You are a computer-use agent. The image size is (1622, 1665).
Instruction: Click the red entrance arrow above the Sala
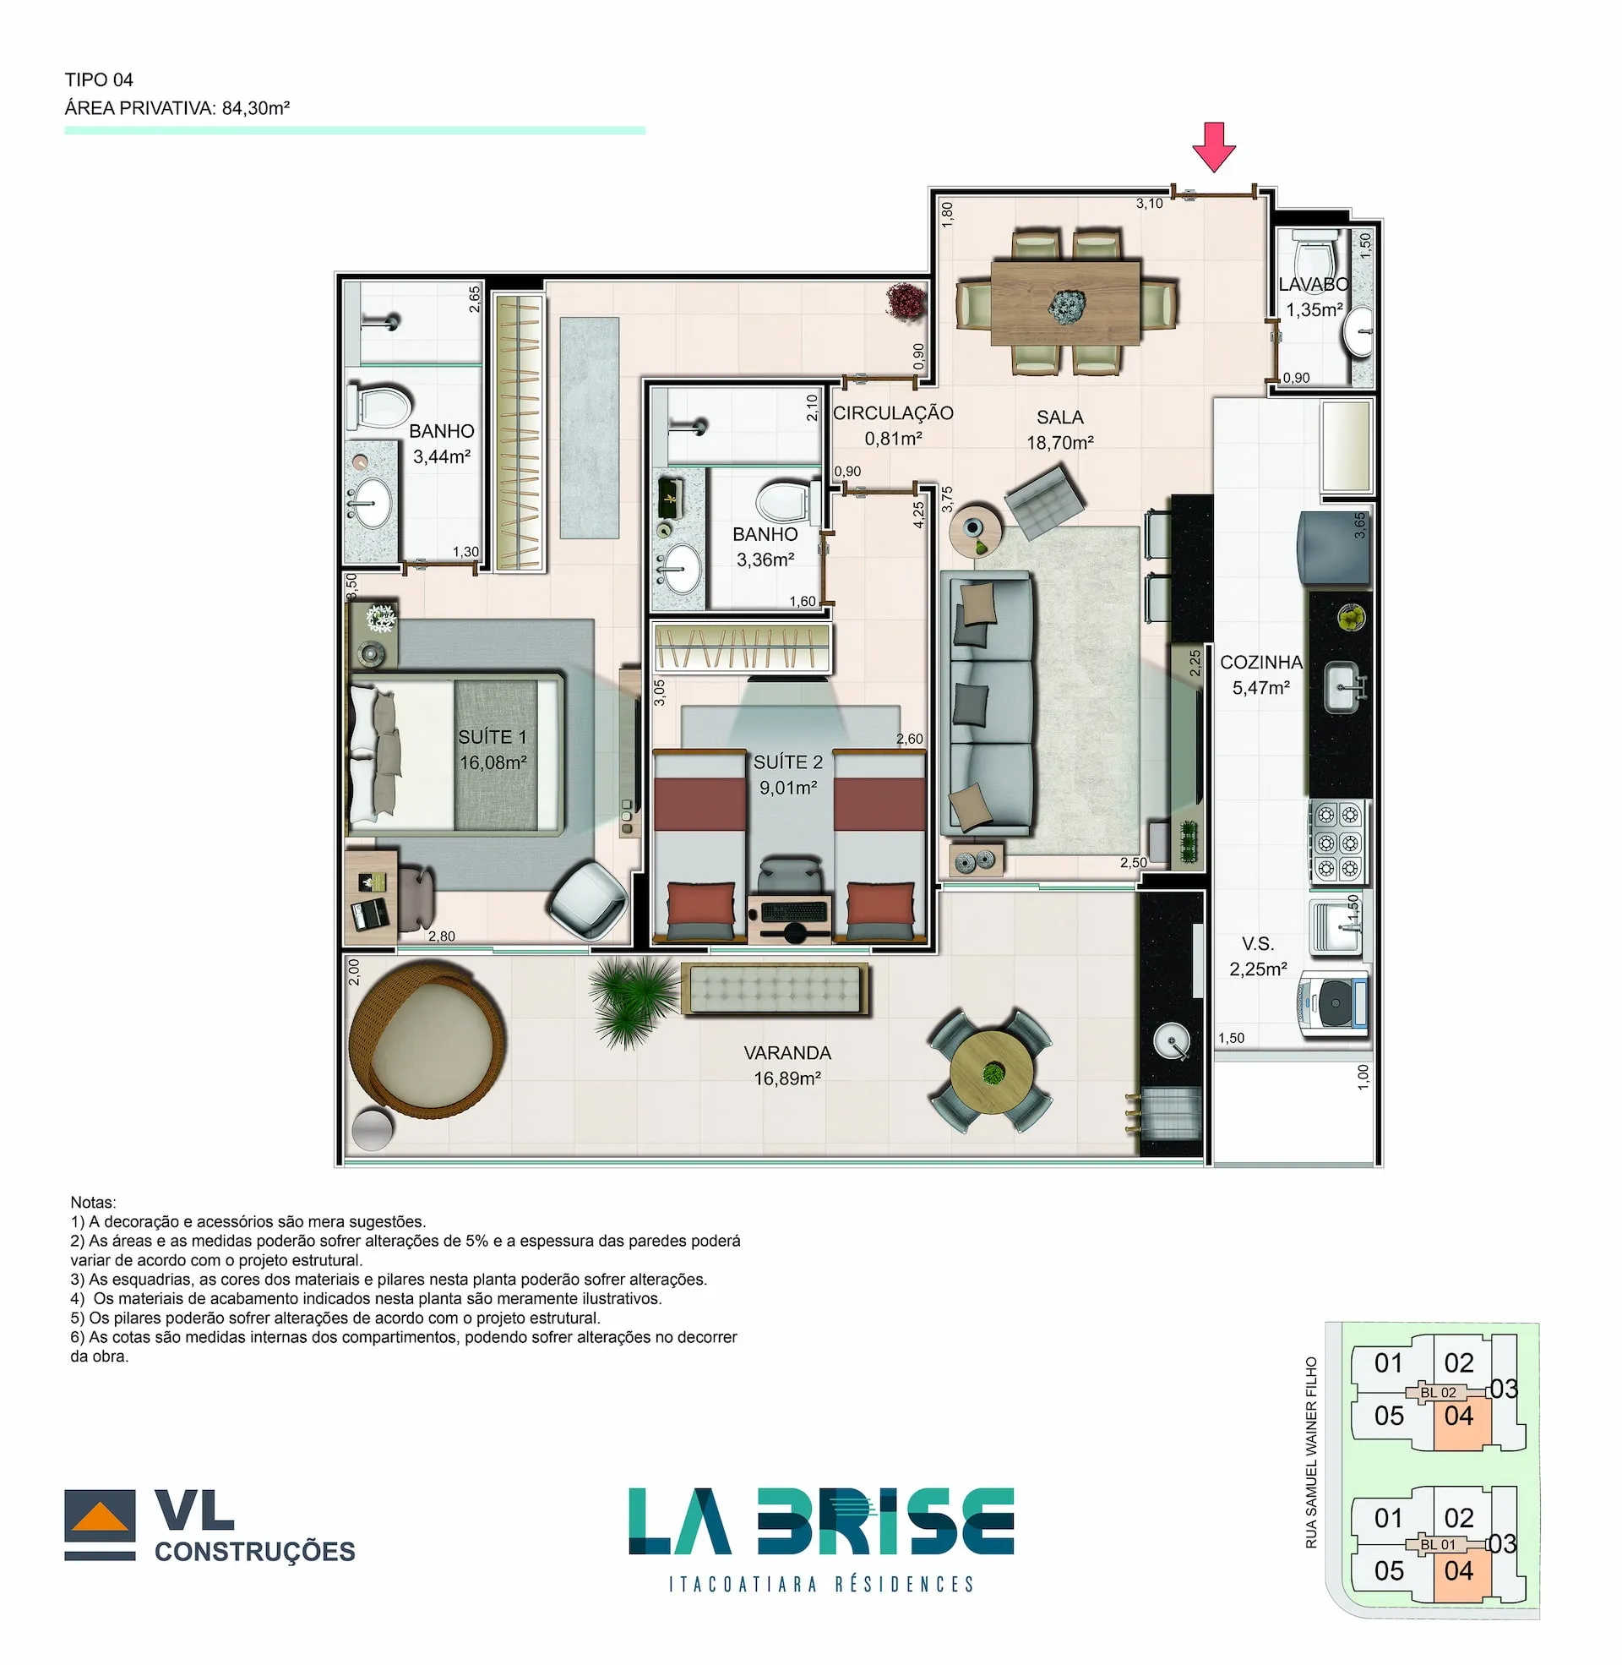point(1213,145)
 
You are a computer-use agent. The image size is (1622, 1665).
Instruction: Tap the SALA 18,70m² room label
point(1059,429)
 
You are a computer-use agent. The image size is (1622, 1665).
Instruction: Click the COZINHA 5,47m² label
point(1260,674)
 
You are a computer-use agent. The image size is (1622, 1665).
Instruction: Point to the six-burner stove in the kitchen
point(1337,841)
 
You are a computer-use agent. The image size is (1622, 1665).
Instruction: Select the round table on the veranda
point(991,1071)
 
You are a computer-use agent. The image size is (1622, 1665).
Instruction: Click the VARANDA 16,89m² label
point(787,1065)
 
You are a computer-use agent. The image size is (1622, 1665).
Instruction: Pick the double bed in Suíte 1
point(455,753)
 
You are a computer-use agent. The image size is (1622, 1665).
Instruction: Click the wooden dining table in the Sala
point(1065,303)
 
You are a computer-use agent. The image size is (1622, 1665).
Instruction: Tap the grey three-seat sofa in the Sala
point(988,704)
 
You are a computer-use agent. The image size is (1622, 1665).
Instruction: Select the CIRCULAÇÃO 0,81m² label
point(892,424)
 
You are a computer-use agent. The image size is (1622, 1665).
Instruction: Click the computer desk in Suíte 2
point(790,915)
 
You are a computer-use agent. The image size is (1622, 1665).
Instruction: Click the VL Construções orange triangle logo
point(100,1518)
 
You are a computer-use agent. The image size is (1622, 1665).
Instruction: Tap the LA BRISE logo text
point(820,1522)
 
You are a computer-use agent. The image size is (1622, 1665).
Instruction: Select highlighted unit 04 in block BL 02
point(1459,1417)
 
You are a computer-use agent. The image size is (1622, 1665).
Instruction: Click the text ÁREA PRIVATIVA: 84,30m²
point(177,108)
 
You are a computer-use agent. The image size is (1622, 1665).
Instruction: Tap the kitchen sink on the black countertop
point(1342,687)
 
